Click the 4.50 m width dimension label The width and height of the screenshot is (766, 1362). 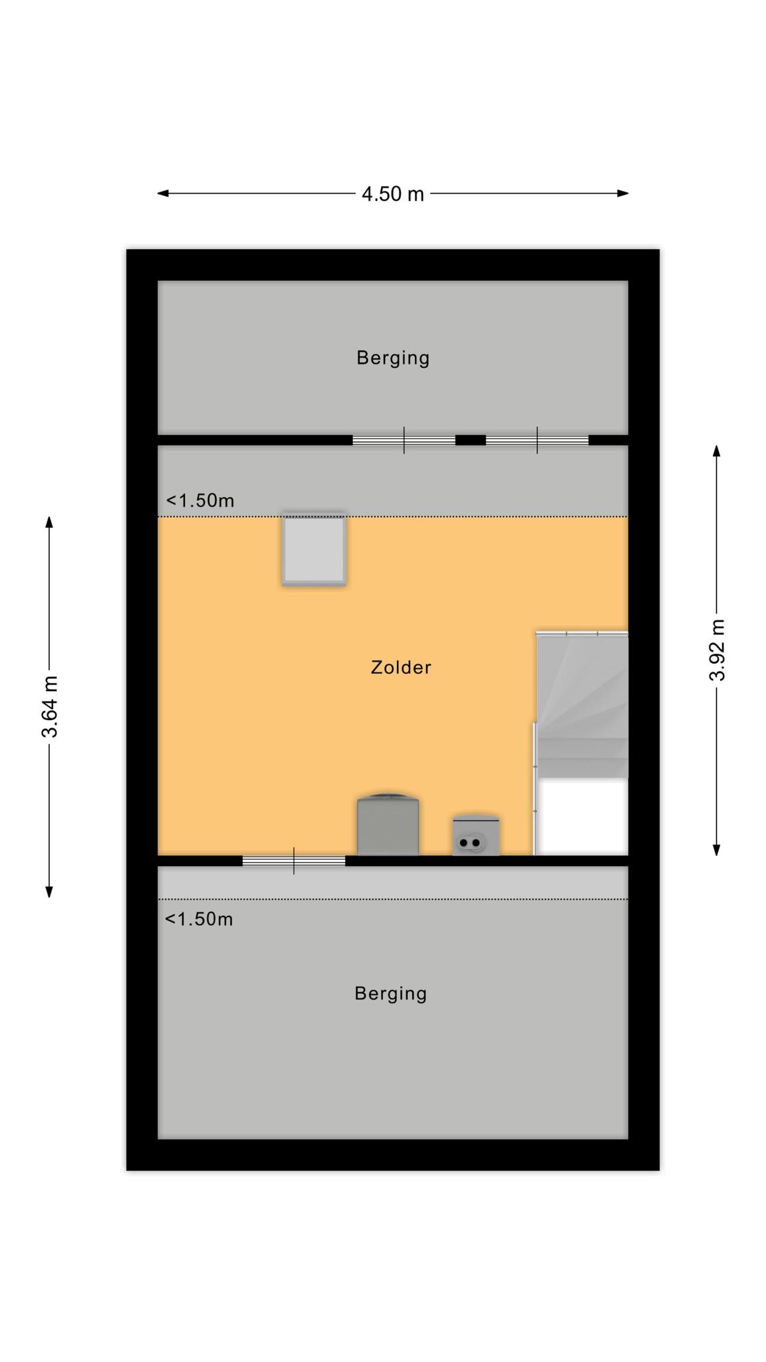[392, 194]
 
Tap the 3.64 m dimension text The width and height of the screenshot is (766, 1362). [50, 706]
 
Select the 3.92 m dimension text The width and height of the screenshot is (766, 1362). [717, 650]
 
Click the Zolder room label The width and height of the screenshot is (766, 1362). [401, 667]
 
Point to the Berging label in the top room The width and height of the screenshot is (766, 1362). [393, 358]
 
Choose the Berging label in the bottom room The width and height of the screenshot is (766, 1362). [390, 994]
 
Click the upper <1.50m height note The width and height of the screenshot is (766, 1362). [200, 500]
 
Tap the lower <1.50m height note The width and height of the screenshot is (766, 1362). [199, 919]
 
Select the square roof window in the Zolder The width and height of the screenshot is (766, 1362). [314, 549]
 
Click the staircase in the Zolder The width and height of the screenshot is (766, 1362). [582, 704]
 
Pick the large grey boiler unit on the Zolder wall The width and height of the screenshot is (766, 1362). [388, 824]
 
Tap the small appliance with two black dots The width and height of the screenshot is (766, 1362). [475, 835]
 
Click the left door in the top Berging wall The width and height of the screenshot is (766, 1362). [404, 440]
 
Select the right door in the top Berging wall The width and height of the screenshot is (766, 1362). [537, 440]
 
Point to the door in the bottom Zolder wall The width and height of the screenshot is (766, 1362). [294, 861]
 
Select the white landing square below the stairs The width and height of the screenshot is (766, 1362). [582, 817]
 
